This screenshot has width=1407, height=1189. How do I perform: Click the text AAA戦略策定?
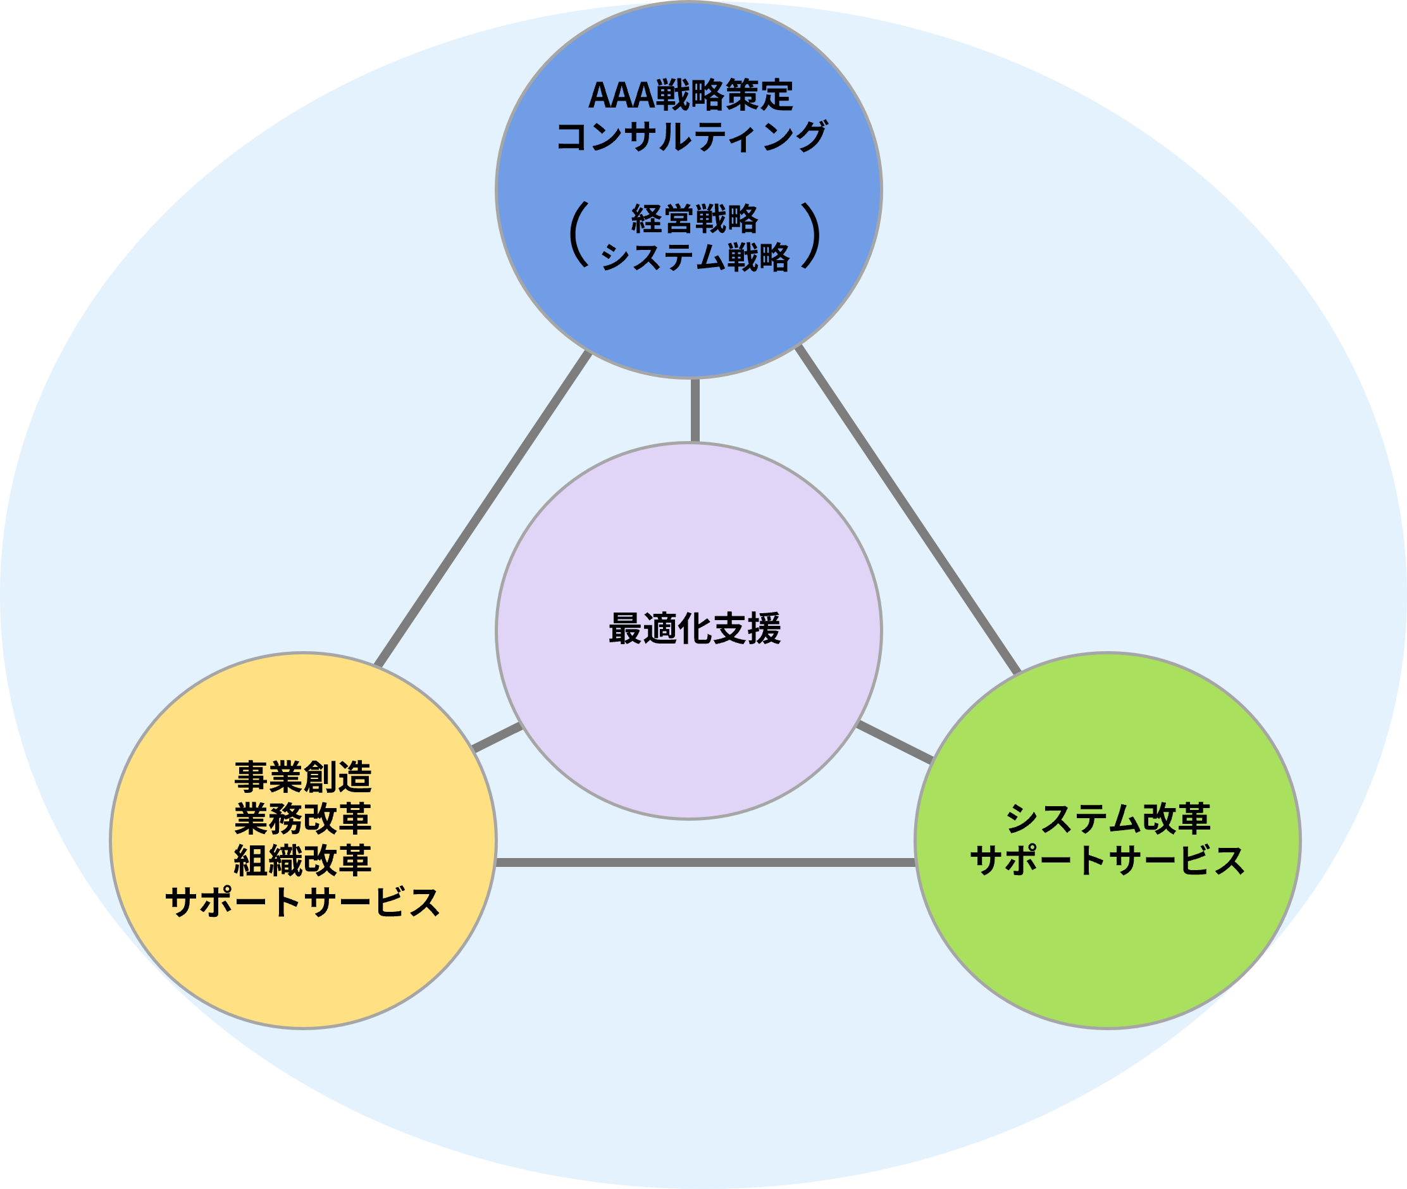[690, 95]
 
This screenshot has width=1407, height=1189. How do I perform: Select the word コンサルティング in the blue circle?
[690, 136]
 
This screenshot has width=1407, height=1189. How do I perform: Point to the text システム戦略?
[694, 257]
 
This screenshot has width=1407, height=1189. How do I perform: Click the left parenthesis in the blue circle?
[578, 236]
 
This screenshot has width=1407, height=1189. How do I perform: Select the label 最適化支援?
[694, 628]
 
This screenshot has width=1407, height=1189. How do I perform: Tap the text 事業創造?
[302, 777]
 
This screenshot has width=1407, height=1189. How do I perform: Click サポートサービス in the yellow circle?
[302, 902]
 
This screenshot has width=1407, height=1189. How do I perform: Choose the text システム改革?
[1108, 818]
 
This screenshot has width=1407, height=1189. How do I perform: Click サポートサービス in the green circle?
[1108, 861]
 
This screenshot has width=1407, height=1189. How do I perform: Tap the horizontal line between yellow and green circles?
[705, 862]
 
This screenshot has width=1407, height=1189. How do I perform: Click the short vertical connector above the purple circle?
[695, 410]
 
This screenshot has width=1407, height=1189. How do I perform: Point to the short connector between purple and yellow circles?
[498, 737]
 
